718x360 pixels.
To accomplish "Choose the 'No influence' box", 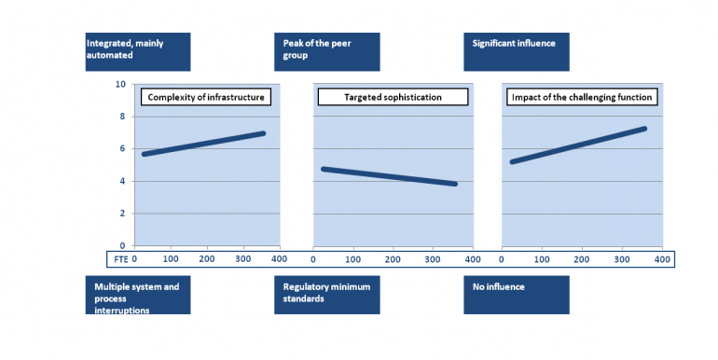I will (x=515, y=294).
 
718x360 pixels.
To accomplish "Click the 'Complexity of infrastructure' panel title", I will (x=206, y=97).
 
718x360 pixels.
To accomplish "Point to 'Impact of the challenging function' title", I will (x=583, y=97).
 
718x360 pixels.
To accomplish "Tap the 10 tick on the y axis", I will (x=120, y=84).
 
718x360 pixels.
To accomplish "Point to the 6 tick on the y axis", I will (x=122, y=149).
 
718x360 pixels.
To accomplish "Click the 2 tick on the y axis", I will (x=122, y=214).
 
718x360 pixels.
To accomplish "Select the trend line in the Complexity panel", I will (x=204, y=144).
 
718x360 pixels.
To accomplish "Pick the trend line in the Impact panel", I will (x=578, y=145).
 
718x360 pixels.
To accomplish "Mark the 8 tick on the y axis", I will (x=122, y=117).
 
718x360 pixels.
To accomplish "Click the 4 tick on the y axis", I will (x=122, y=181).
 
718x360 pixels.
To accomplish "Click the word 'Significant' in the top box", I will (x=494, y=43).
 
